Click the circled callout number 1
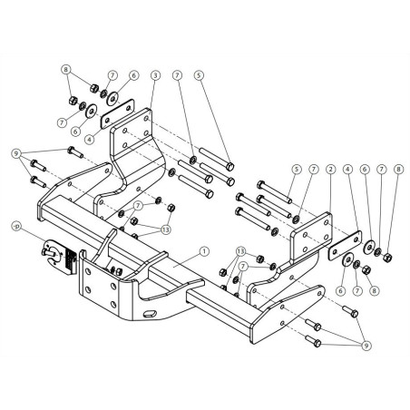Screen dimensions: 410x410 (x=204, y=251)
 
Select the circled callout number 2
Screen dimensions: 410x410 (x=331, y=170)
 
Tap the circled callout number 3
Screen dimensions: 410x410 (x=155, y=75)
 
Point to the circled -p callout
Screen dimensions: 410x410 (x=15, y=226)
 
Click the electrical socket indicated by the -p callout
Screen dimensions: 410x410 (x=59, y=256)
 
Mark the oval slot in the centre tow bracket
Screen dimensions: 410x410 (x=151, y=314)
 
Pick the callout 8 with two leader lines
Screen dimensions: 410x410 (x=66, y=70)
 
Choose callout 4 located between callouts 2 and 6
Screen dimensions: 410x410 (x=347, y=170)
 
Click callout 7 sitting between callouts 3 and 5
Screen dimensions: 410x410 (x=178, y=75)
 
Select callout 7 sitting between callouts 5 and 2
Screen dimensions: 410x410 (x=314, y=170)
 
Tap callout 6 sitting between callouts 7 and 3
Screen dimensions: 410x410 (x=133, y=75)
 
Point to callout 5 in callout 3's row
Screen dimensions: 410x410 (x=199, y=75)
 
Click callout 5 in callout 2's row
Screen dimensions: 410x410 (x=297, y=170)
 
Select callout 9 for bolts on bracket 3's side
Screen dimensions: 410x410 (x=16, y=153)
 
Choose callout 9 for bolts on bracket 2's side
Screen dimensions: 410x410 (x=366, y=346)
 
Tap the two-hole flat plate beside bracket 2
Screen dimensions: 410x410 (x=345, y=246)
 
